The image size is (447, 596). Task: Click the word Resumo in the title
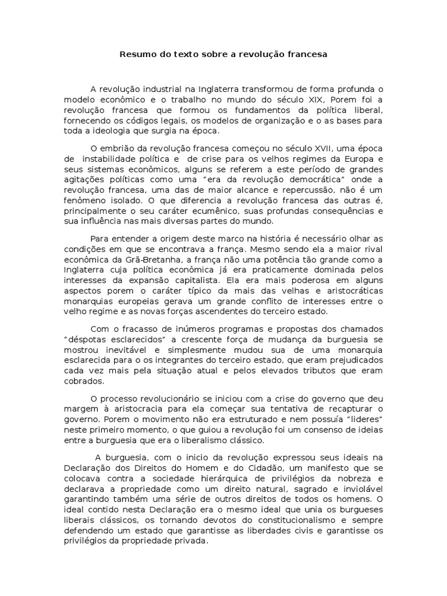tap(135, 55)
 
